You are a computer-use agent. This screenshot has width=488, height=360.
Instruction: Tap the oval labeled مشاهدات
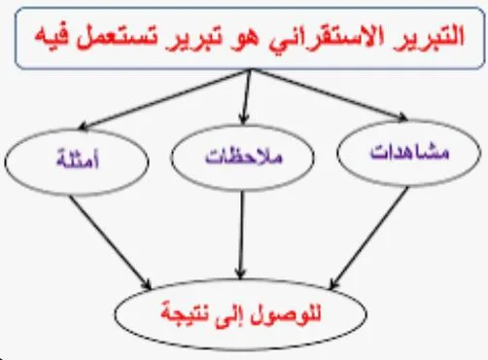[400, 154]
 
